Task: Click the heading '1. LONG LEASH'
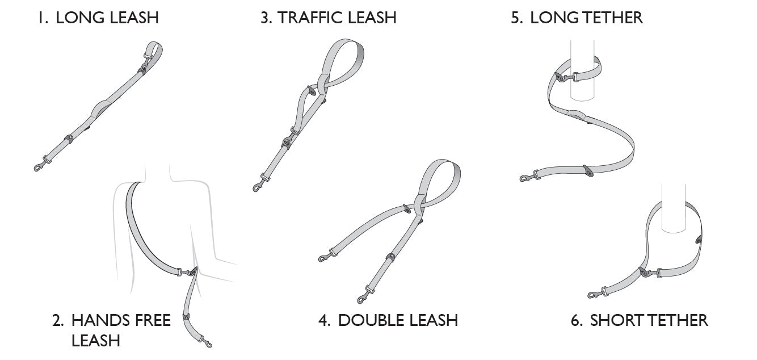tap(98, 18)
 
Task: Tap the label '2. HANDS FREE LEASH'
tap(111, 330)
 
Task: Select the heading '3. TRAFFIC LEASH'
tap(328, 18)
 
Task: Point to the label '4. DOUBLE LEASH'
tap(388, 320)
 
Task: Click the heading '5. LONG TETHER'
tap(577, 18)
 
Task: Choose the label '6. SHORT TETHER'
tap(639, 320)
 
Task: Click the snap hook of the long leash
tap(39, 166)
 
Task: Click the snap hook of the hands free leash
tap(207, 343)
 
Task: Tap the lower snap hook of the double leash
tap(362, 298)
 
